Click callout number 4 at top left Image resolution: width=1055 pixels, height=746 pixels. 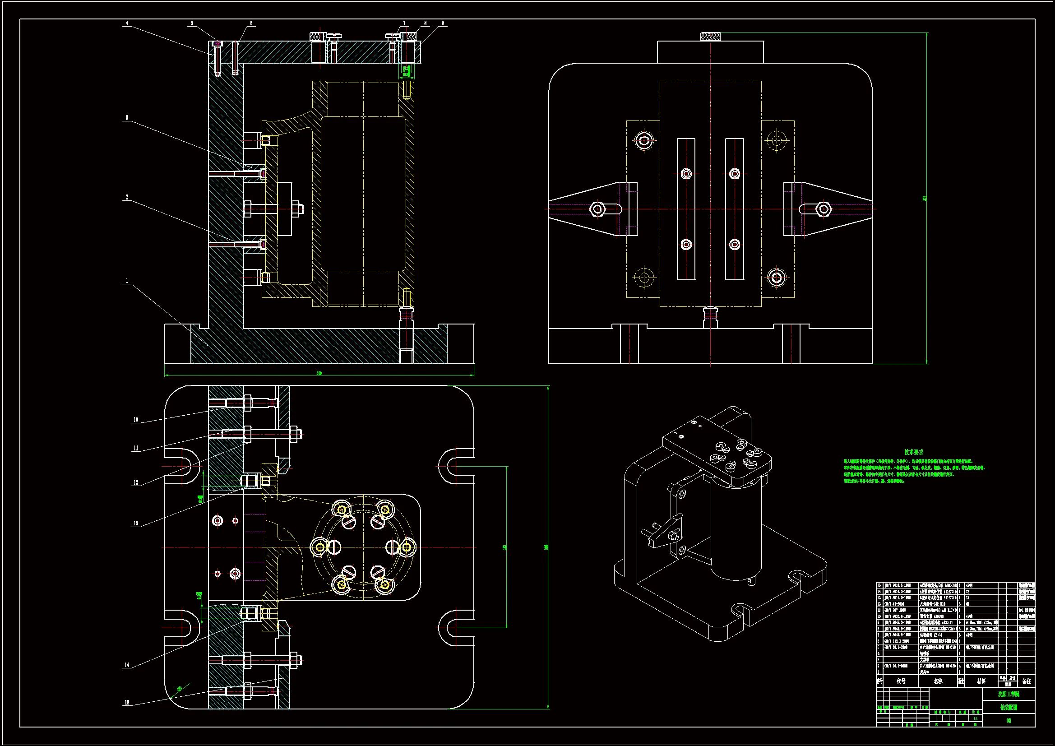127,23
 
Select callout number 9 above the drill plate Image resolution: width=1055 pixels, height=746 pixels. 443,23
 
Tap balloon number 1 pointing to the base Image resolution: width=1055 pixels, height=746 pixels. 127,280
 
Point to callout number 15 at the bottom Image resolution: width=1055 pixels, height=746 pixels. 127,702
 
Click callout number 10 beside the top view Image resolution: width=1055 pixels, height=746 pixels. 135,420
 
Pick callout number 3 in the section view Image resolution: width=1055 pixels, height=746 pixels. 127,118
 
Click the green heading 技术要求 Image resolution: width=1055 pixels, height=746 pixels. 913,452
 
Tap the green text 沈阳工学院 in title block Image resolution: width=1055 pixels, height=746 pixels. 1009,694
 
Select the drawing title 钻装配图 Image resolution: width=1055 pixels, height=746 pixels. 1009,707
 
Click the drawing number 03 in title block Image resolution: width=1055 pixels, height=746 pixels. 1009,721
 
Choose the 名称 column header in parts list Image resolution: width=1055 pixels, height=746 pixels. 938,681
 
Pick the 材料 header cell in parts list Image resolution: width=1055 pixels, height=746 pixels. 981,681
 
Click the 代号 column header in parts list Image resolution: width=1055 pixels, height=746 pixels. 901,681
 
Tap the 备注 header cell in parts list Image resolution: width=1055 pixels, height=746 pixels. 1027,681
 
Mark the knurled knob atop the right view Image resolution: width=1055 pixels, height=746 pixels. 710,36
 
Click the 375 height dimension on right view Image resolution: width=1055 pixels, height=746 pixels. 925,198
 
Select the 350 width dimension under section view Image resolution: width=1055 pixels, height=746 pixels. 319,373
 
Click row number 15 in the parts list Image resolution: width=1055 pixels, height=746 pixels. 879,586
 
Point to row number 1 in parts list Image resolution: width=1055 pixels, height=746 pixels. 879,672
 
